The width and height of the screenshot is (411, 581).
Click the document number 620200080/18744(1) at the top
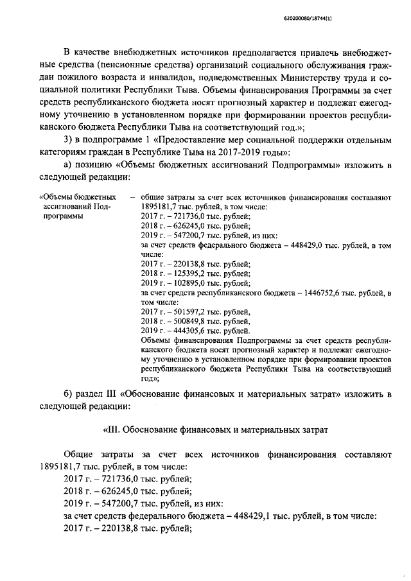tap(366, 20)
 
